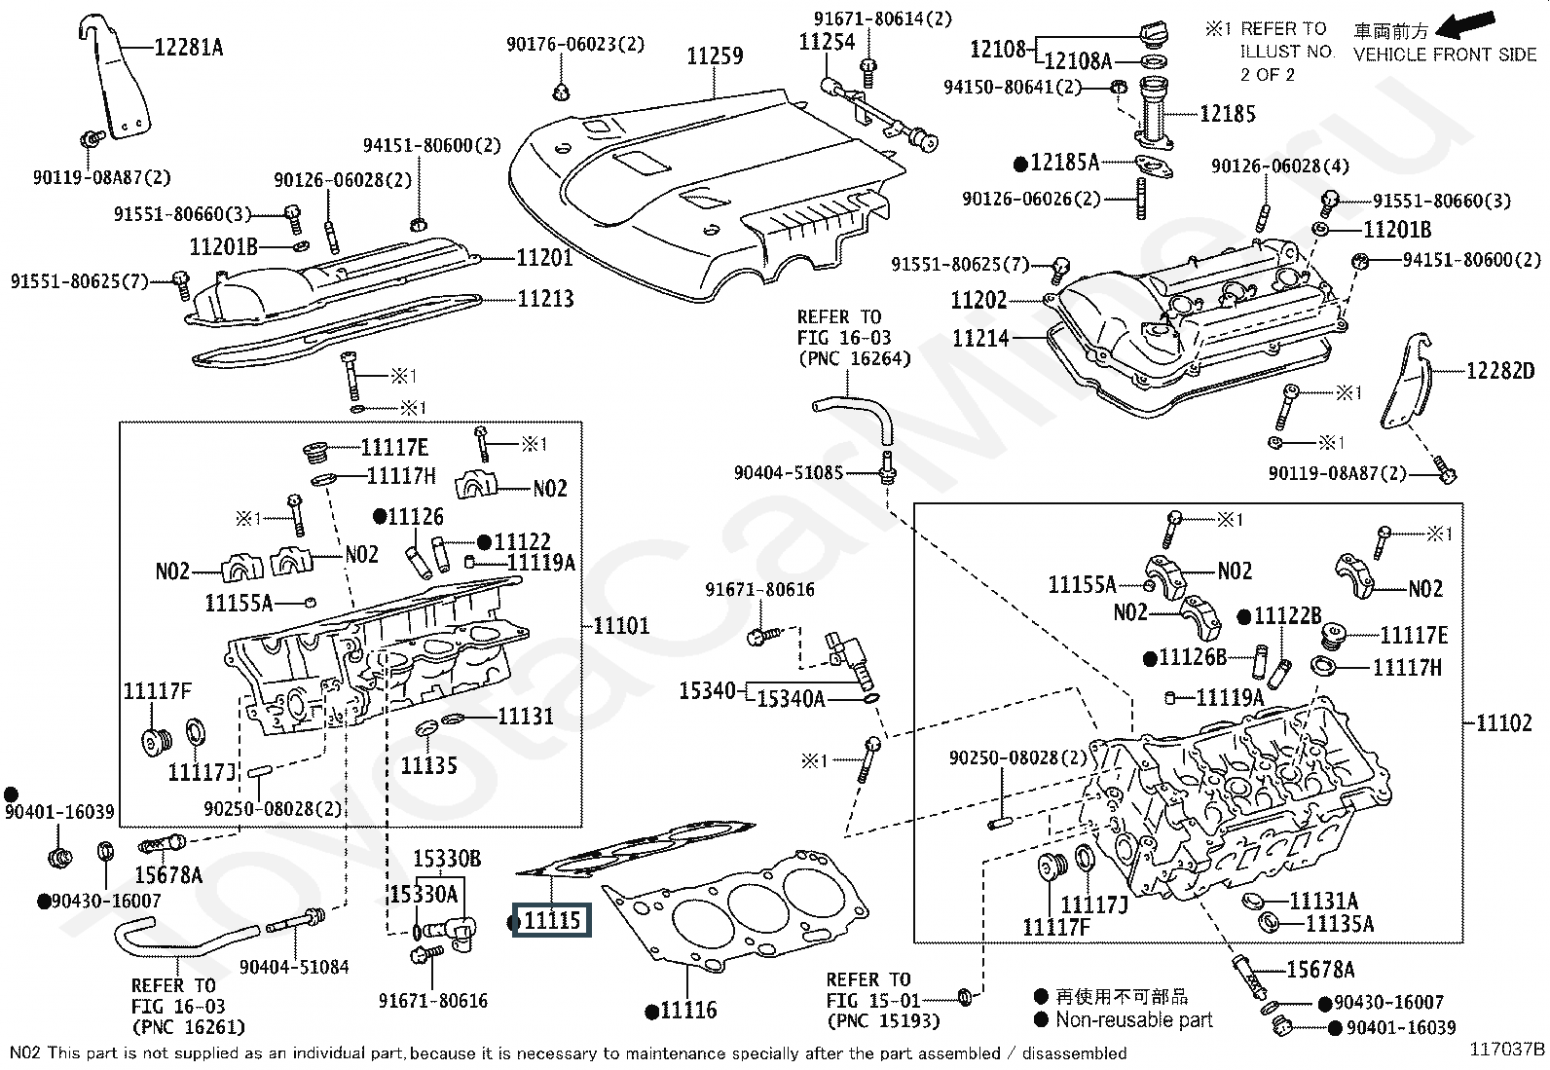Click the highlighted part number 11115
552,921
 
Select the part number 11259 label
715,55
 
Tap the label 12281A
188,47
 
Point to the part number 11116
687,1011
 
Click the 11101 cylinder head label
621,625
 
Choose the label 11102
1504,722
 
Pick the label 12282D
1500,371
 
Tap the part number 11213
545,299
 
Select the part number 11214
980,339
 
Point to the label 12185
1227,114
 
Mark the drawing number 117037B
1507,1050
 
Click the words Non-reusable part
1133,1020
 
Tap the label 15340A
791,698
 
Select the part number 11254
827,42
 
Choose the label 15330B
447,860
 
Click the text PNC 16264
854,358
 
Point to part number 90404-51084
294,967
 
